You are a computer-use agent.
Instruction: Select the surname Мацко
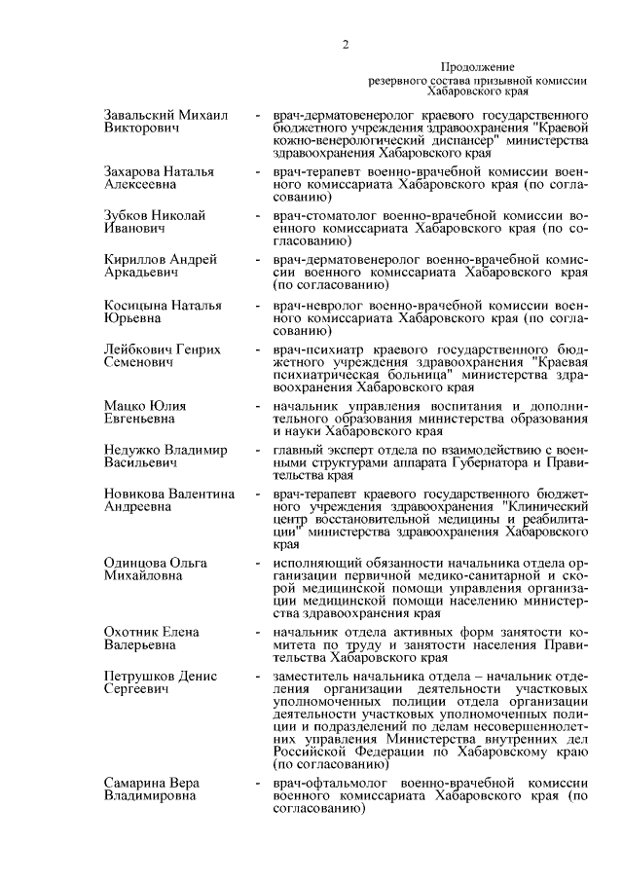point(125,406)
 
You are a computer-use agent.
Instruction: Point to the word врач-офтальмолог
point(331,784)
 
